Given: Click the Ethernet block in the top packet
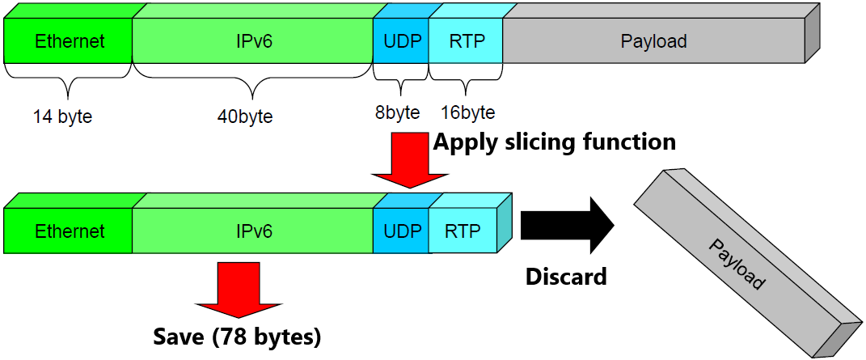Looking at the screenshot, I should pyautogui.click(x=70, y=41).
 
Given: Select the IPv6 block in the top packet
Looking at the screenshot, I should pyautogui.click(x=252, y=41).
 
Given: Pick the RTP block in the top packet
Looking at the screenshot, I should pyautogui.click(x=466, y=41).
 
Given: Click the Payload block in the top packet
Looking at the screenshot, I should pyautogui.click(x=653, y=41).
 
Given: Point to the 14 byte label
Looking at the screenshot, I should pyautogui.click(x=62, y=116).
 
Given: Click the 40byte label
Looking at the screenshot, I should pyautogui.click(x=245, y=116).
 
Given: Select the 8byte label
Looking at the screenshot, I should pyautogui.click(x=397, y=112).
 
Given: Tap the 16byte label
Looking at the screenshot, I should pyautogui.click(x=468, y=112).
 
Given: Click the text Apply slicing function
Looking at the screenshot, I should pyautogui.click(x=554, y=142).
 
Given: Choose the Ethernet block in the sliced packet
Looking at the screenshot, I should pyautogui.click(x=70, y=231).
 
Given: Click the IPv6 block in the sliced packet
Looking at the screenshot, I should pyautogui.click(x=252, y=231).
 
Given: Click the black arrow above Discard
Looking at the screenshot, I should pyautogui.click(x=566, y=225).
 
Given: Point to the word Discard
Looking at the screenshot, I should pyautogui.click(x=566, y=277).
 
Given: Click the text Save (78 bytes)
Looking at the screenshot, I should pyautogui.click(x=238, y=337).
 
